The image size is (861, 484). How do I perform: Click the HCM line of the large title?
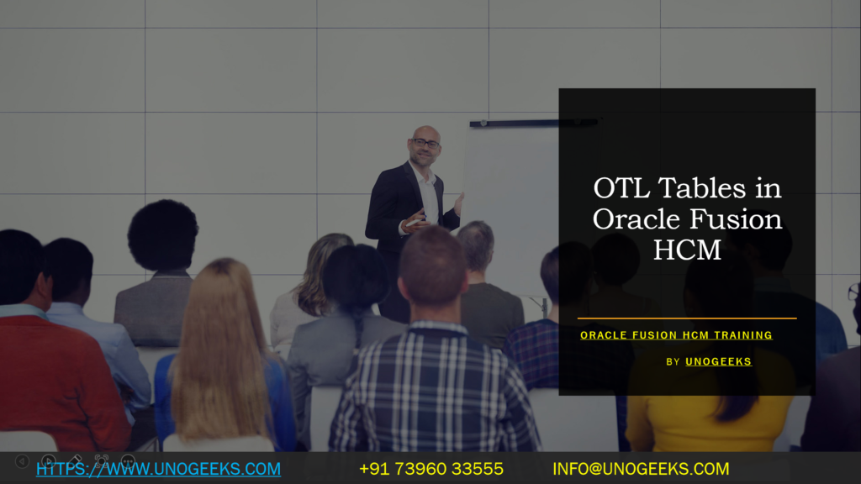[x=687, y=250]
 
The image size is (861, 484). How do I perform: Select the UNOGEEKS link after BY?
[x=718, y=361]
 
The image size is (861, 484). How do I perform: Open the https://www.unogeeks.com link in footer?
[x=158, y=469]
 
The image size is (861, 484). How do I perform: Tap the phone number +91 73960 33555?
[x=430, y=469]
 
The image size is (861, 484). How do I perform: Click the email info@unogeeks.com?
[x=641, y=469]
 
